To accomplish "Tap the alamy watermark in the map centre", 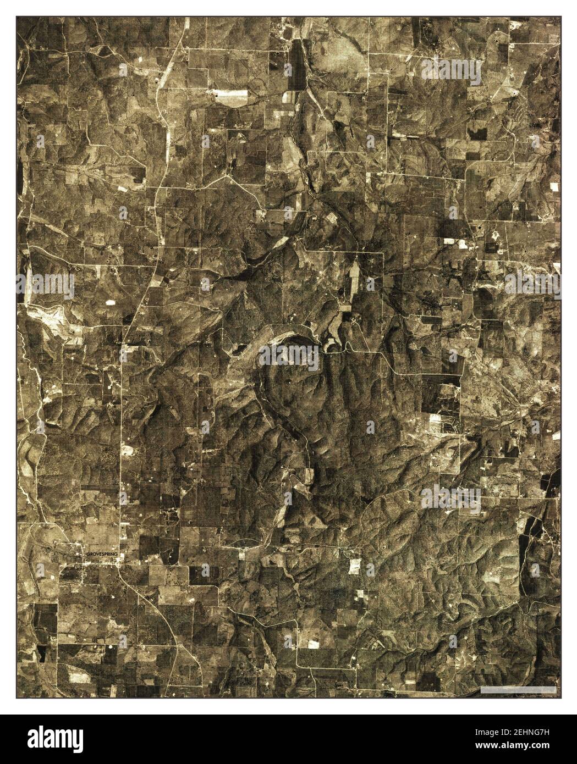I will tap(288, 358).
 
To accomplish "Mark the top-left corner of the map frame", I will tap(17, 16).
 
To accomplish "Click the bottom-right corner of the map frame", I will tap(560, 699).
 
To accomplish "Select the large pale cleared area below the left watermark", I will tap(52, 319).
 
